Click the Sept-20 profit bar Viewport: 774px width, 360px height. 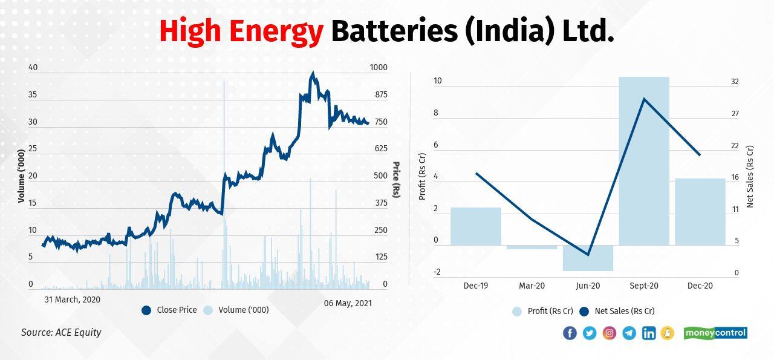644,161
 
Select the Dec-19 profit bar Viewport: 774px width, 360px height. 476,226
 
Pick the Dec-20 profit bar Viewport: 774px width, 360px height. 700,212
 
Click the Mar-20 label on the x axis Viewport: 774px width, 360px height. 532,286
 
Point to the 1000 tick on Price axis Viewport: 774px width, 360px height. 379,68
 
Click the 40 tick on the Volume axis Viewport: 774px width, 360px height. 33,68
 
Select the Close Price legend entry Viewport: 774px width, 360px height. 169,310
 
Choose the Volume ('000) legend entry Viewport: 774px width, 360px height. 236,310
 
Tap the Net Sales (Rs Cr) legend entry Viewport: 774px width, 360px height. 617,311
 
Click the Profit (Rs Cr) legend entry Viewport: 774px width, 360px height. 542,311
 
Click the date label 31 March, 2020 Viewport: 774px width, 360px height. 73,299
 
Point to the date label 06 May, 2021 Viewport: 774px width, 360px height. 348,303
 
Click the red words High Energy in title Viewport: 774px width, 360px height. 241,31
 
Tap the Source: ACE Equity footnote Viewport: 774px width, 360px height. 61,332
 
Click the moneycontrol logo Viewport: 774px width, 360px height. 715,333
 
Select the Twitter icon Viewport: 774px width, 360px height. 590,333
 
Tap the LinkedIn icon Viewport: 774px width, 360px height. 649,333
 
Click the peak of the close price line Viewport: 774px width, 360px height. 313,74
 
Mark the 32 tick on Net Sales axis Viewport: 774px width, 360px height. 735,82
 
